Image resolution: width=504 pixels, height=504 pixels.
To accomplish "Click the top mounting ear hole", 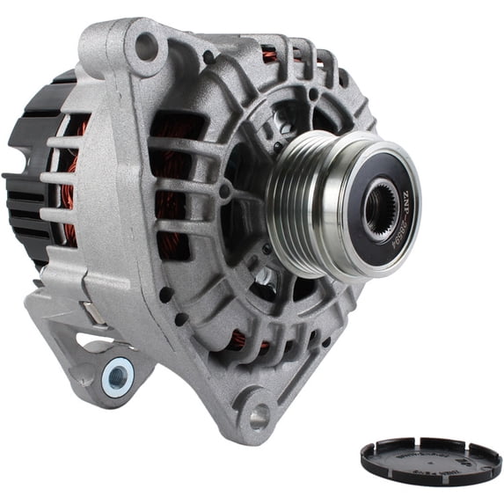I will pyautogui.click(x=146, y=45).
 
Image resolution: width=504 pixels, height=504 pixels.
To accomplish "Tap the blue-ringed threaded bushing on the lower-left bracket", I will pyautogui.click(x=117, y=377).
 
